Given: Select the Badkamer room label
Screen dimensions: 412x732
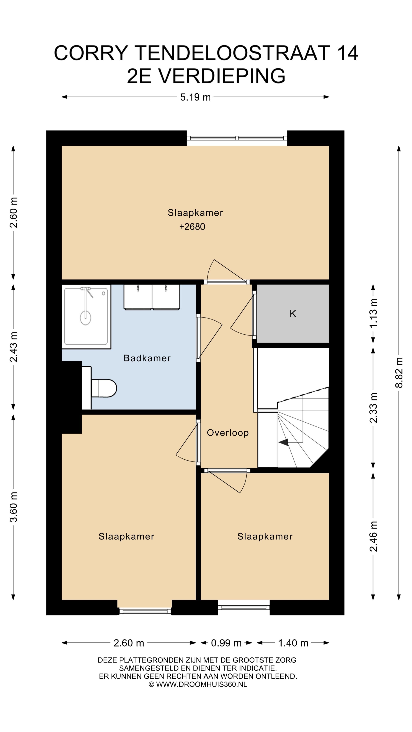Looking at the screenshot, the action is click(147, 358).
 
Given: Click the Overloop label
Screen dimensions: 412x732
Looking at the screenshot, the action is click(228, 433).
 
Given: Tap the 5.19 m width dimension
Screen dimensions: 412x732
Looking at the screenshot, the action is click(195, 97).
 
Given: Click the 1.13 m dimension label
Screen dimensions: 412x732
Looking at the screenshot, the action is click(373, 313).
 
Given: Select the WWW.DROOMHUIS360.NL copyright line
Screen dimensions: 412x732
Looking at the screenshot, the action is click(198, 684).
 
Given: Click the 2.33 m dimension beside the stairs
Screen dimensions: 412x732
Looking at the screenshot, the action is click(373, 408).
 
